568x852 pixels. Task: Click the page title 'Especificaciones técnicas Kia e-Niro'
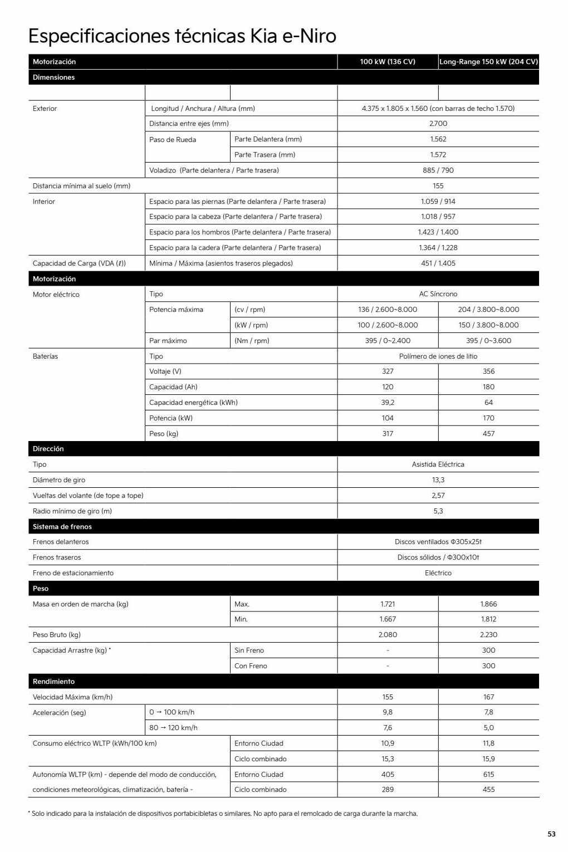click(x=182, y=36)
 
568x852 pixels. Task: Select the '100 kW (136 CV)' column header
click(x=388, y=62)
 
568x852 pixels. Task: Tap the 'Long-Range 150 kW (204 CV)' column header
click(x=488, y=62)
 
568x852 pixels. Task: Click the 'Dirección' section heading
click(x=48, y=449)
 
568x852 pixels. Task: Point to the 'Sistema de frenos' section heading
click(x=62, y=527)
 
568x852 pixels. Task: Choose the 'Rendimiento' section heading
click(x=53, y=682)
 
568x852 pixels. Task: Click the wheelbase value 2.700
click(x=438, y=124)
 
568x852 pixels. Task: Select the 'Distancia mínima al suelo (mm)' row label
click(x=81, y=186)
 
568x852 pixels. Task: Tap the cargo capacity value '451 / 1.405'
click(x=438, y=263)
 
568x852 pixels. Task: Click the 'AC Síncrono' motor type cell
click(x=438, y=294)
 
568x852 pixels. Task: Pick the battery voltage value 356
click(x=488, y=371)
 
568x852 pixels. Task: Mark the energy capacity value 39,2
click(x=388, y=403)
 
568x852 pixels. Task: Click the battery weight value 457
click(x=488, y=434)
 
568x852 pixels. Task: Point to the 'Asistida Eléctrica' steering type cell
click(x=438, y=464)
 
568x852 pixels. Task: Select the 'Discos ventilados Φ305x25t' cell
click(x=438, y=542)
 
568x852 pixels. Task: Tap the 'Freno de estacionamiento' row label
click(x=73, y=573)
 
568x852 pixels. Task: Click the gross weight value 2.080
click(x=388, y=635)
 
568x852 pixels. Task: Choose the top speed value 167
click(x=488, y=697)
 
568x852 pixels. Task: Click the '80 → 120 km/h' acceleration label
click(x=173, y=728)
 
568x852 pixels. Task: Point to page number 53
click(x=551, y=834)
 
